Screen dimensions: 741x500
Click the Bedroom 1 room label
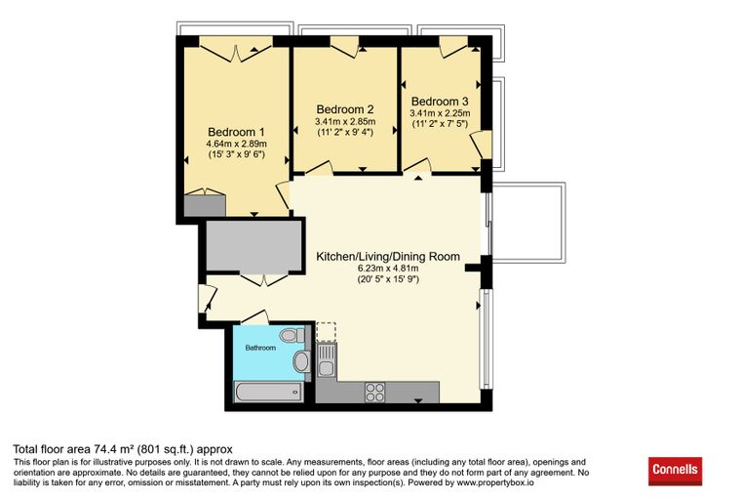236,132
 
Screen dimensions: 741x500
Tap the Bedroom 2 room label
345,109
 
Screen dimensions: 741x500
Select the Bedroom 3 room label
440,102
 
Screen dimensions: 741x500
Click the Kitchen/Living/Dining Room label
388,257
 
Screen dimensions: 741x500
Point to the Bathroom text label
260,348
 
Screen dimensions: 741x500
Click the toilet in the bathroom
292,336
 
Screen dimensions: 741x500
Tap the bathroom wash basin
300,361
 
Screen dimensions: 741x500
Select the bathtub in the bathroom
268,392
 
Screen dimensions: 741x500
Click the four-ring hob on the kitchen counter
375,392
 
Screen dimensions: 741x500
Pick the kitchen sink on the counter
326,360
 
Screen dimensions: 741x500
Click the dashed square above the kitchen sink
326,332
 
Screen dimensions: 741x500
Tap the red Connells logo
675,471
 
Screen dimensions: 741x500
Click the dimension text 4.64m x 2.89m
236,144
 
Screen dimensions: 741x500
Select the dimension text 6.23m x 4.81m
388,269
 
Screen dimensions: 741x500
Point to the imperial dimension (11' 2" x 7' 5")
440,124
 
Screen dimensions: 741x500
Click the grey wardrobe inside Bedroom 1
205,205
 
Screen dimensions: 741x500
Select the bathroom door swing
255,317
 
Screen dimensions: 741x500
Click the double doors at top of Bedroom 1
236,53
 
